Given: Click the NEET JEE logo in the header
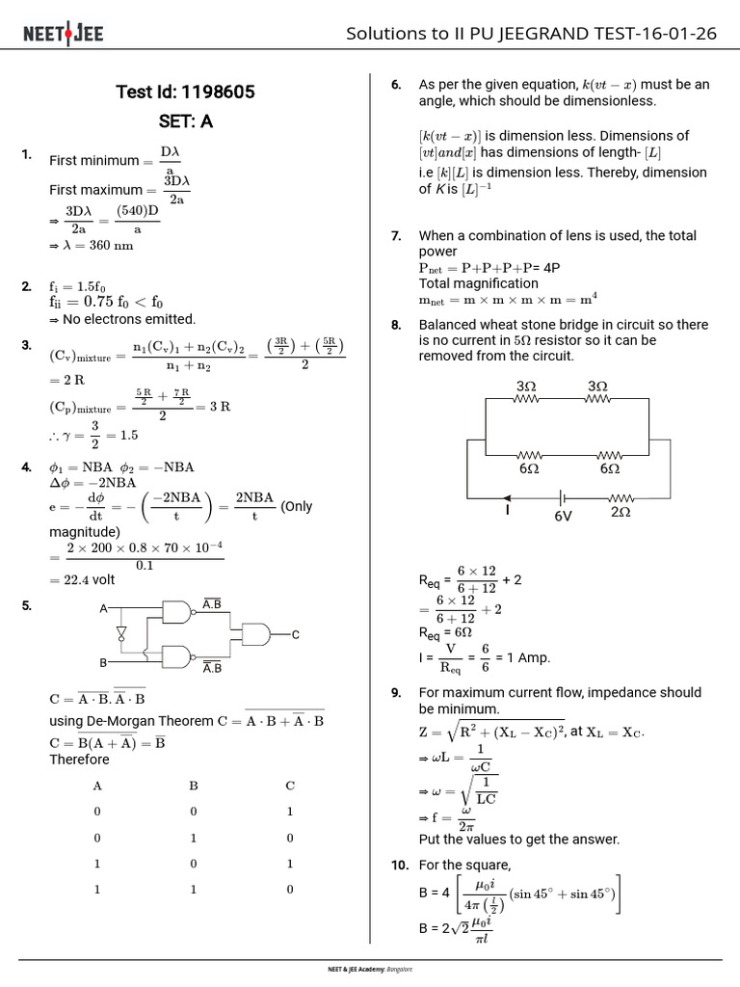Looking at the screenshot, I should pyautogui.click(x=63, y=35).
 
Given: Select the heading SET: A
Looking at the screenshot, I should pyautogui.click(x=185, y=122).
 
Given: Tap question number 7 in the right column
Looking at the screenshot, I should pyautogui.click(x=396, y=236).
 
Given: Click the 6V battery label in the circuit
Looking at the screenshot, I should pyautogui.click(x=563, y=516).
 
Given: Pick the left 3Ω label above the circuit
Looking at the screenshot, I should pyautogui.click(x=526, y=387).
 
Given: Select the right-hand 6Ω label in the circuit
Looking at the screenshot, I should pyautogui.click(x=609, y=469).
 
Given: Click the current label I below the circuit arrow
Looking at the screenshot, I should pyautogui.click(x=507, y=512).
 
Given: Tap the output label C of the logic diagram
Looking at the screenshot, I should pyautogui.click(x=296, y=634).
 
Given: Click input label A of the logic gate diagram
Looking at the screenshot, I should pyautogui.click(x=103, y=609).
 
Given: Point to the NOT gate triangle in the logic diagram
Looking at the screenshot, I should pyautogui.click(x=121, y=633).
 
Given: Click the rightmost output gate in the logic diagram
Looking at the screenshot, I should pyautogui.click(x=256, y=633).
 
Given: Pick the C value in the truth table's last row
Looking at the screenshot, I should pyautogui.click(x=290, y=890).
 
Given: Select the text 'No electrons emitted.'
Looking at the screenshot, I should pyautogui.click(x=128, y=319).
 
